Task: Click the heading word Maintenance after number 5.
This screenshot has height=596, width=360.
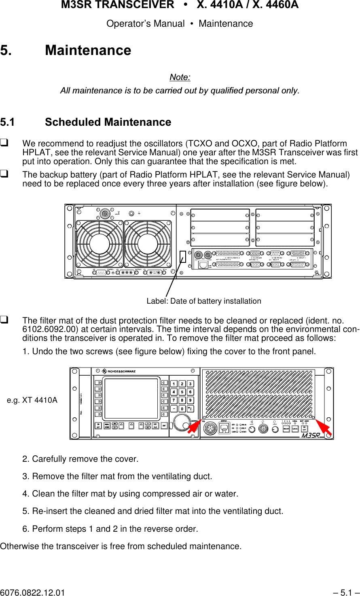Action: [88, 51]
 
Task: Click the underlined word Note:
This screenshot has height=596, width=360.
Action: [180, 77]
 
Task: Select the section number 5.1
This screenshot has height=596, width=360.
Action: [7, 122]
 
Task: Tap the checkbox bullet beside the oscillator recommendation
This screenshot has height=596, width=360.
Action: [5, 143]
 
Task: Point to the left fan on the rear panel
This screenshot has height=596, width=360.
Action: [99, 244]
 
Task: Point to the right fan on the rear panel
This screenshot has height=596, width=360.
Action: [148, 244]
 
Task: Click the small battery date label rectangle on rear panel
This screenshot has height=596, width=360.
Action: [183, 257]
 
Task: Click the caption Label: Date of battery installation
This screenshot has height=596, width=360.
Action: [203, 301]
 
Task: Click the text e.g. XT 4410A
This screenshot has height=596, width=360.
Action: [32, 400]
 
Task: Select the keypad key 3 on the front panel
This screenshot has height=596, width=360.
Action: [190, 384]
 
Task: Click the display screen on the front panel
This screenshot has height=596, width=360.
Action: [131, 399]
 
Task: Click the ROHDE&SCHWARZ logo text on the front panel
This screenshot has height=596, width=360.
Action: [121, 371]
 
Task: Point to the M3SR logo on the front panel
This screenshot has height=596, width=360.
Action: [311, 435]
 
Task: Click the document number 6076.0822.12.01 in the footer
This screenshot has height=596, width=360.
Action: [32, 593]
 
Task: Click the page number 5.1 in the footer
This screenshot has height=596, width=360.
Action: [346, 593]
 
